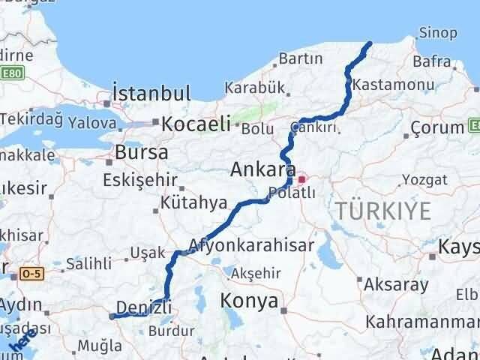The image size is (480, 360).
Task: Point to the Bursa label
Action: click(x=142, y=153)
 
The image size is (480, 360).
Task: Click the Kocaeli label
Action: click(x=193, y=123)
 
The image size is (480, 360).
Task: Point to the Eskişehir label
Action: click(x=142, y=180)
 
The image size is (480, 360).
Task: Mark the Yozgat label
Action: click(x=424, y=178)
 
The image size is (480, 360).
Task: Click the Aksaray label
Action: click(x=396, y=285)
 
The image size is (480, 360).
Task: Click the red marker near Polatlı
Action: click(x=302, y=179)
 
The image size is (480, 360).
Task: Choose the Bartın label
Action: click(x=300, y=58)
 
